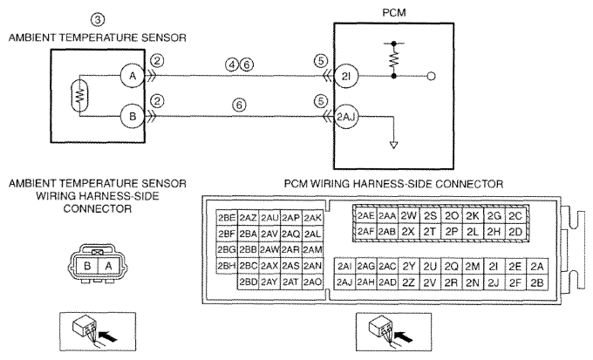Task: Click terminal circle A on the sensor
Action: click(133, 76)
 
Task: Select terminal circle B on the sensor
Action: click(133, 116)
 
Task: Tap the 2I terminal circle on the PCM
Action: click(346, 77)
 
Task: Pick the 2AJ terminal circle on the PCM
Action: click(346, 117)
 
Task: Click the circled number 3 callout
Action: click(98, 19)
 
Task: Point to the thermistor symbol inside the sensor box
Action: click(80, 96)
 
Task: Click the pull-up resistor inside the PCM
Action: click(393, 60)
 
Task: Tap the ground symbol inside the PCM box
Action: click(393, 145)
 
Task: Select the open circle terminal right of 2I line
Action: click(431, 77)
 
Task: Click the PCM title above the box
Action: click(394, 12)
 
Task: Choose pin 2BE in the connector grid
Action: click(227, 217)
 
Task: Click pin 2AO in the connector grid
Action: click(312, 282)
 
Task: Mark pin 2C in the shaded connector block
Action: click(515, 216)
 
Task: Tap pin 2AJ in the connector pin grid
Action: click(344, 282)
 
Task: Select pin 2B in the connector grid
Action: click(537, 282)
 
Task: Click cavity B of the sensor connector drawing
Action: click(87, 266)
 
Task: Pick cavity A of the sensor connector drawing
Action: click(108, 266)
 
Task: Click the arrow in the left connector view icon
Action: click(107, 336)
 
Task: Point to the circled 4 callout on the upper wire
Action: click(231, 65)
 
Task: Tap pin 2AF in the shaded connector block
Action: click(365, 231)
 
